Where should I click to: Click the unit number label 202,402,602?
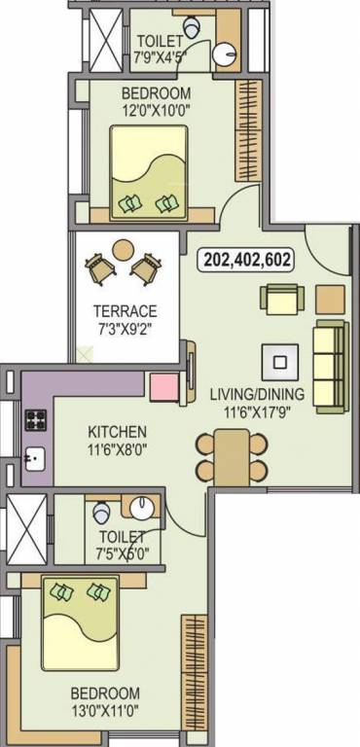[247, 260]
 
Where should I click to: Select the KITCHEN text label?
[117, 431]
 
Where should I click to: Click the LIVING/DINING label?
[257, 394]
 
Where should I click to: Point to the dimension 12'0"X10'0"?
[154, 110]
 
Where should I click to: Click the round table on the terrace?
[124, 250]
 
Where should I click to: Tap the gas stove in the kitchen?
[36, 420]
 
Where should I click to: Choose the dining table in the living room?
[231, 457]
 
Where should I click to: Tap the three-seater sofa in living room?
[329, 356]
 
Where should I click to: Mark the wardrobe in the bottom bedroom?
[195, 670]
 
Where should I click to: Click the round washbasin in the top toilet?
[228, 54]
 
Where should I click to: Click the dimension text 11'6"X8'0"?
[117, 449]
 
